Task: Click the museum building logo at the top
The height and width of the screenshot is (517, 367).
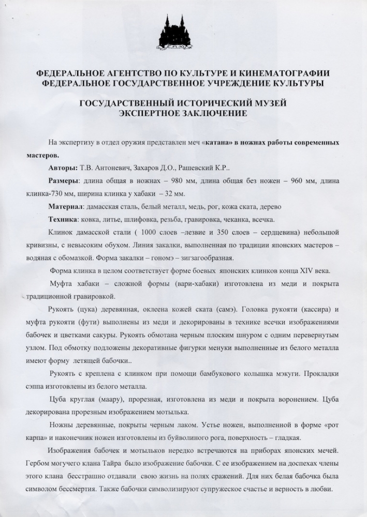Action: (x=174, y=32)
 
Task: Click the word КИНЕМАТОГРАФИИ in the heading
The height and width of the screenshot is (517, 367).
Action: (x=279, y=73)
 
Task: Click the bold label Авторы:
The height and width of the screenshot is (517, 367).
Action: (x=63, y=168)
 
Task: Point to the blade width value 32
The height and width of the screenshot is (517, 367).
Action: (x=165, y=194)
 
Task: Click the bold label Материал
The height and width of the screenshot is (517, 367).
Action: (x=66, y=207)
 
